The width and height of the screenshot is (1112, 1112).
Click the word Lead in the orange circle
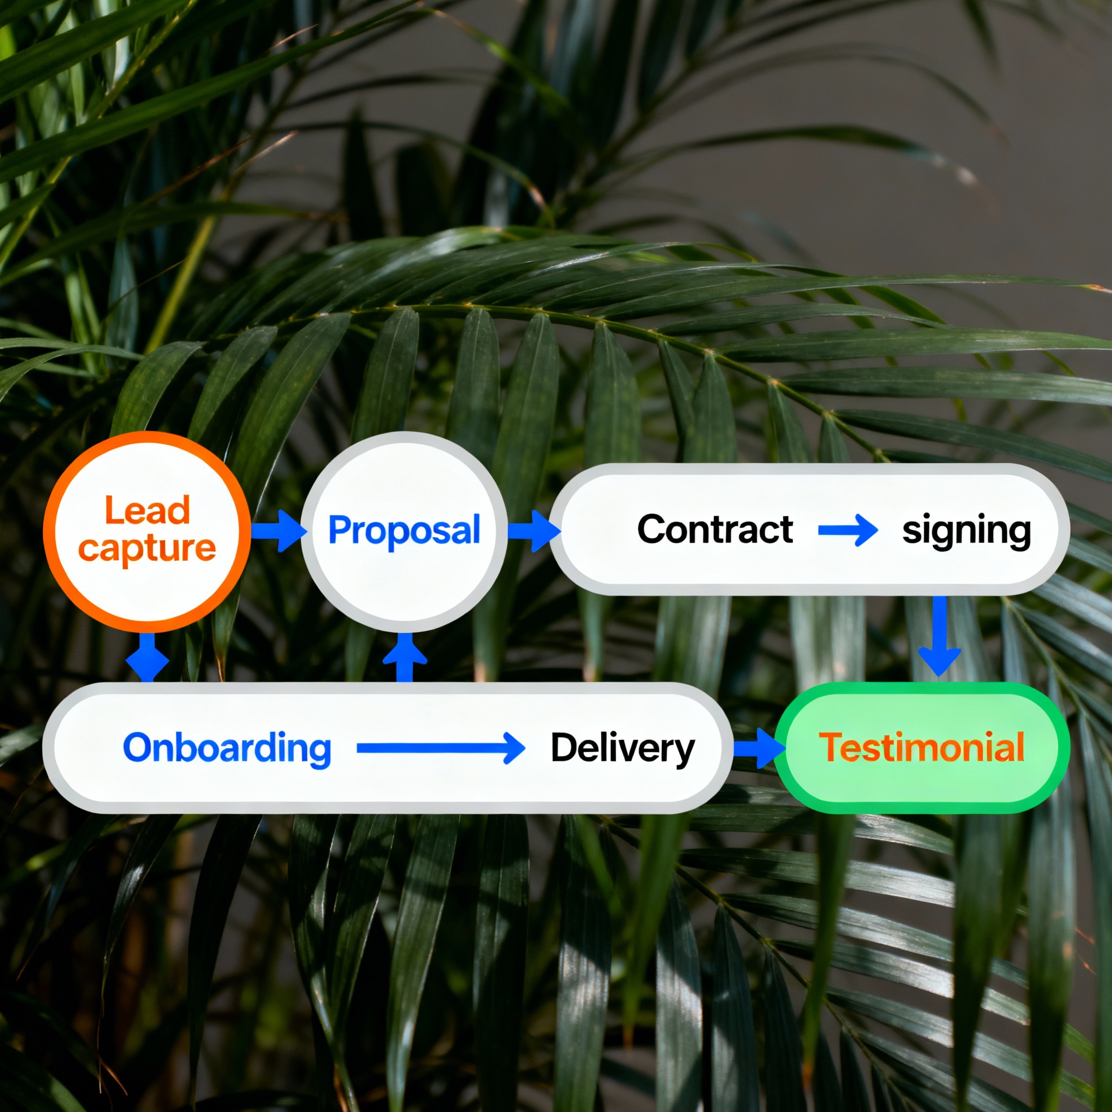click(x=147, y=510)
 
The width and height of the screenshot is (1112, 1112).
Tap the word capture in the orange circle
click(x=147, y=548)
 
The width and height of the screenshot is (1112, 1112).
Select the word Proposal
click(x=404, y=530)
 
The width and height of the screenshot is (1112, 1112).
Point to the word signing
click(x=966, y=530)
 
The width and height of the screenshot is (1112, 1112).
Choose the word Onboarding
click(x=228, y=748)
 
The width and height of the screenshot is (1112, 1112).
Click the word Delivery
click(x=623, y=748)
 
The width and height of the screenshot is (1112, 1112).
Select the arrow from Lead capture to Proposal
click(x=278, y=530)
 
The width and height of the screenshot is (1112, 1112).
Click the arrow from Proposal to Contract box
click(x=533, y=530)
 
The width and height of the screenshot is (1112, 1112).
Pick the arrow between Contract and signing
click(x=848, y=530)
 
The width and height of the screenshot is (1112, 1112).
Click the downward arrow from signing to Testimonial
click(x=939, y=635)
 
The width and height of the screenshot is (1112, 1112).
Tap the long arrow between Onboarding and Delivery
click(x=440, y=748)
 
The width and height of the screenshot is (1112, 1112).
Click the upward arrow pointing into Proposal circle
click(x=405, y=656)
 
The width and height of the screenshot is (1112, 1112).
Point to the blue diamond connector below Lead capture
click(x=147, y=661)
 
